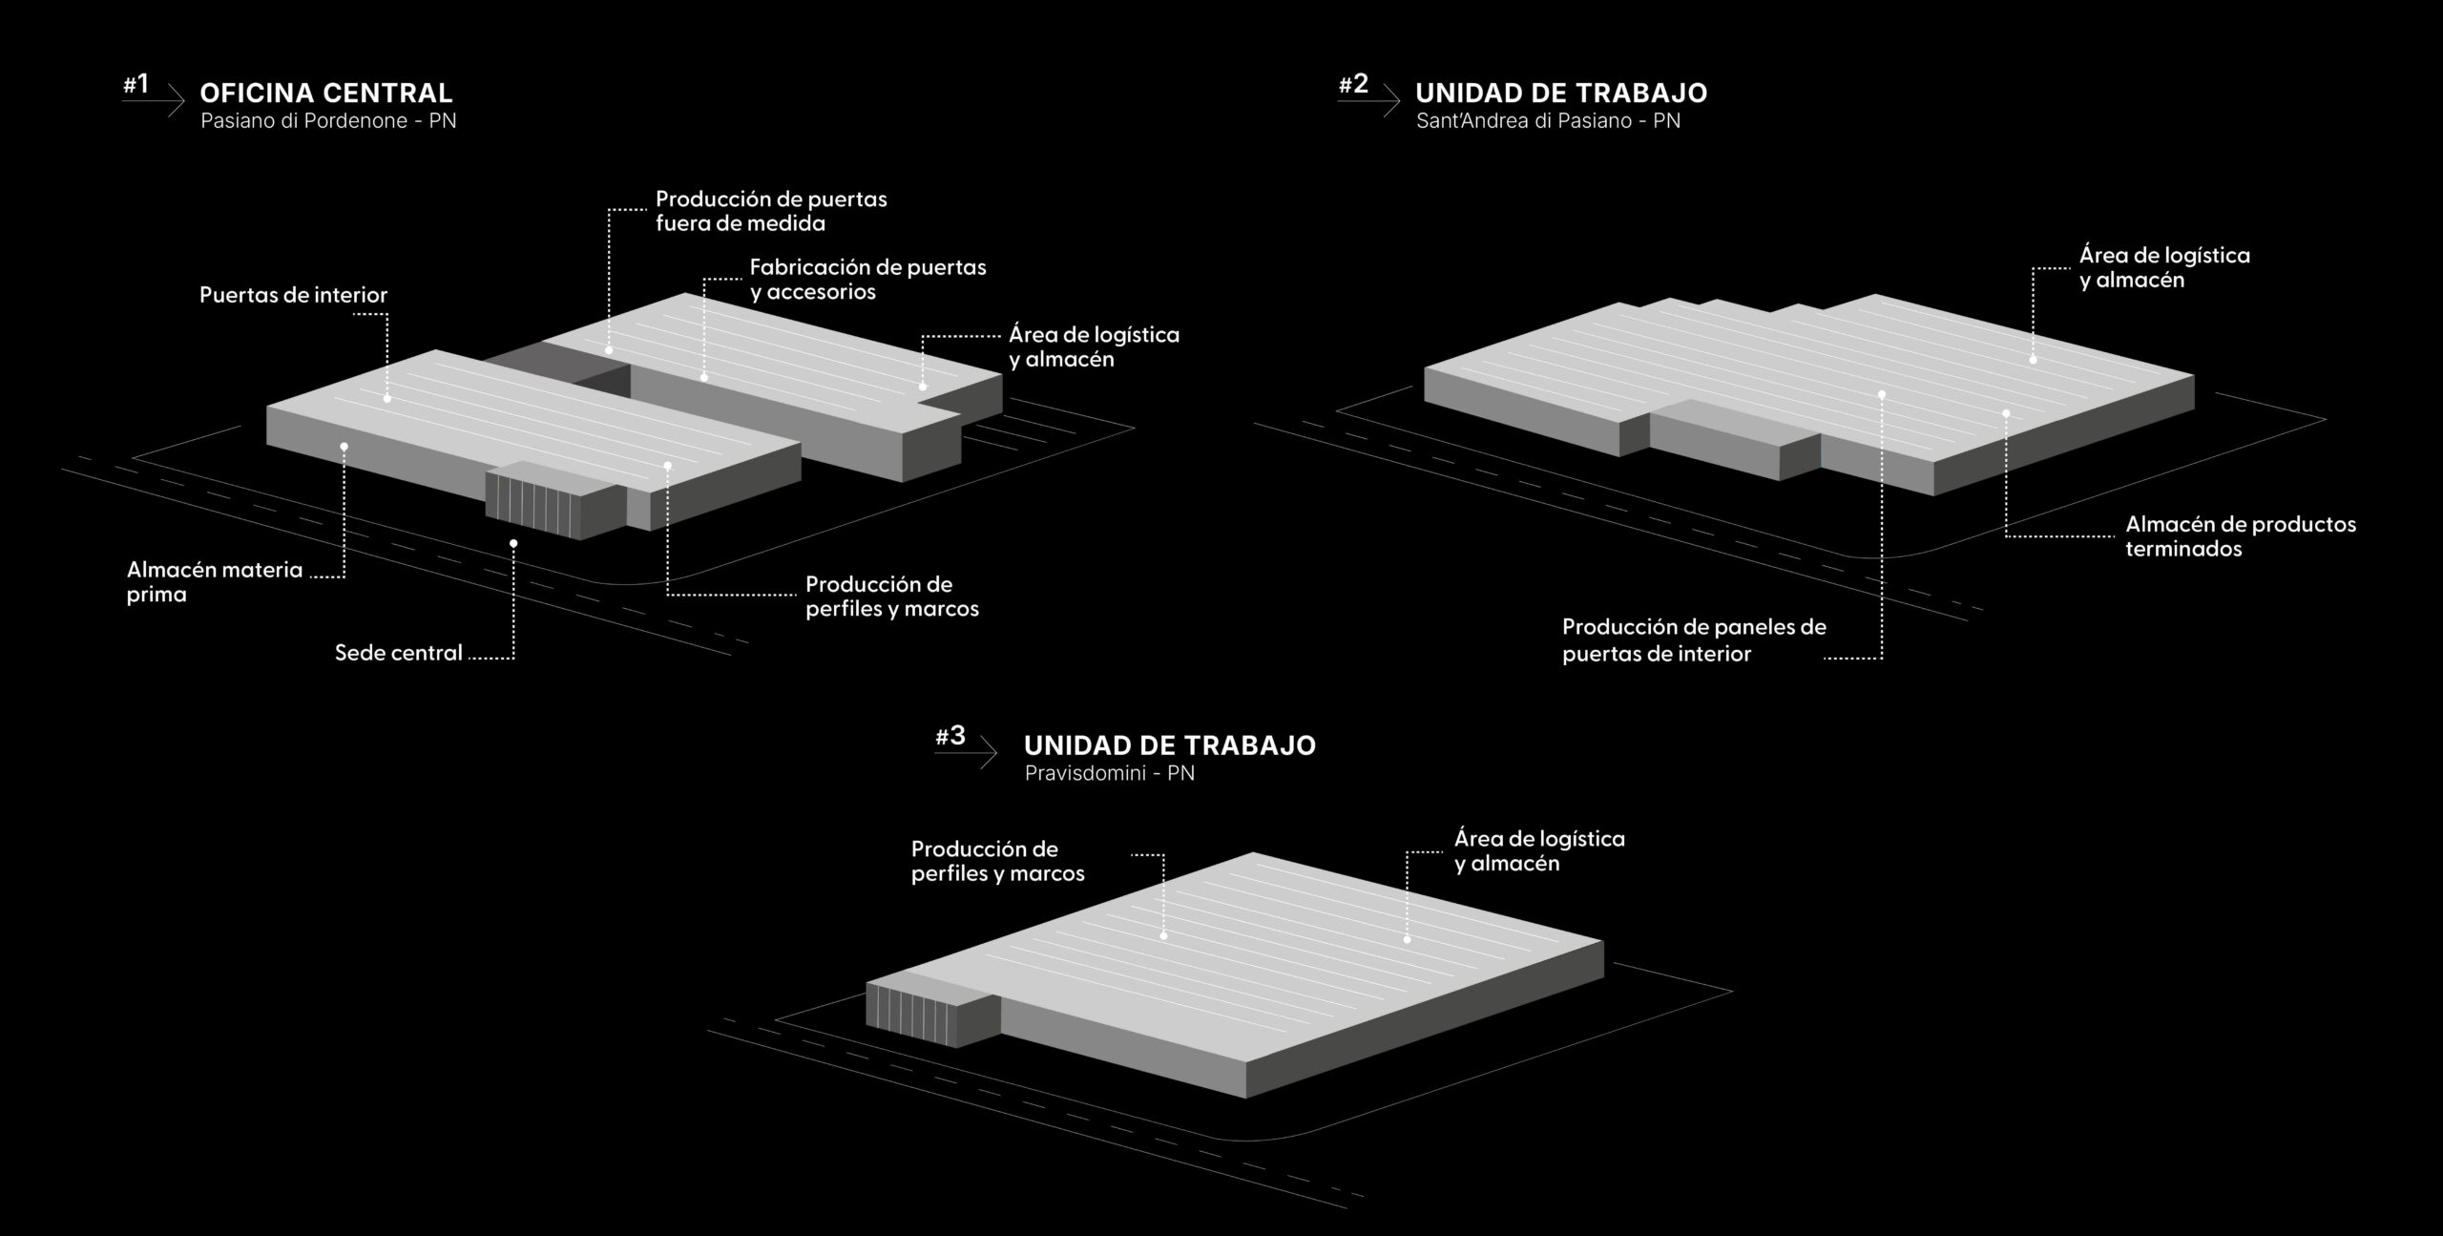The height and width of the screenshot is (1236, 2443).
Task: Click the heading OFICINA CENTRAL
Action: click(325, 93)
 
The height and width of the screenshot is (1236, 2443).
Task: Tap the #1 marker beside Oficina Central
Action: click(136, 85)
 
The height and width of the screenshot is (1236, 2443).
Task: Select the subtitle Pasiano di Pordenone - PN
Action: click(328, 121)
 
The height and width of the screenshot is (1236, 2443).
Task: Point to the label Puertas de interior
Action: click(293, 295)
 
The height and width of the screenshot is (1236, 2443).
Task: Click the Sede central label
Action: click(398, 653)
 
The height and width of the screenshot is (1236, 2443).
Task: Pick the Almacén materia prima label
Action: click(214, 582)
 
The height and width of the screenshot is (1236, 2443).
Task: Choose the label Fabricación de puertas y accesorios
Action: click(867, 280)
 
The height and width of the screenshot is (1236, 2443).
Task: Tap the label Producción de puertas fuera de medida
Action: click(771, 211)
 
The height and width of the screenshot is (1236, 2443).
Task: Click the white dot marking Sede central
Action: click(513, 543)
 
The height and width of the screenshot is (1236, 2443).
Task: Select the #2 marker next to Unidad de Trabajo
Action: click(1353, 85)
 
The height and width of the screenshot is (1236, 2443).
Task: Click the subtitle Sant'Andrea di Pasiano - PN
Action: click(1548, 121)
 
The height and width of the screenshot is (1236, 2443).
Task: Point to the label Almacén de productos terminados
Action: click(2240, 536)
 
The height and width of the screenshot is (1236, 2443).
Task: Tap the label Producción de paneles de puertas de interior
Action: click(1694, 640)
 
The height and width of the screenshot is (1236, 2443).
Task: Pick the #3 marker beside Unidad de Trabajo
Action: click(950, 736)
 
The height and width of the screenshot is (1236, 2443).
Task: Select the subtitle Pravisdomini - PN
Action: click(1109, 773)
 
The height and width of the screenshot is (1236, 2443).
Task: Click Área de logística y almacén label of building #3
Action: click(1538, 850)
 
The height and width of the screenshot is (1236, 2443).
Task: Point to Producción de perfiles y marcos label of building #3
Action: click(997, 861)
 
